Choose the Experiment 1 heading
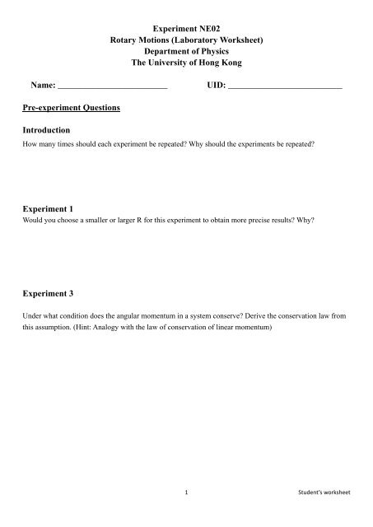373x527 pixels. click(x=55, y=211)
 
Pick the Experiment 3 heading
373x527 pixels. click(x=55, y=291)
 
